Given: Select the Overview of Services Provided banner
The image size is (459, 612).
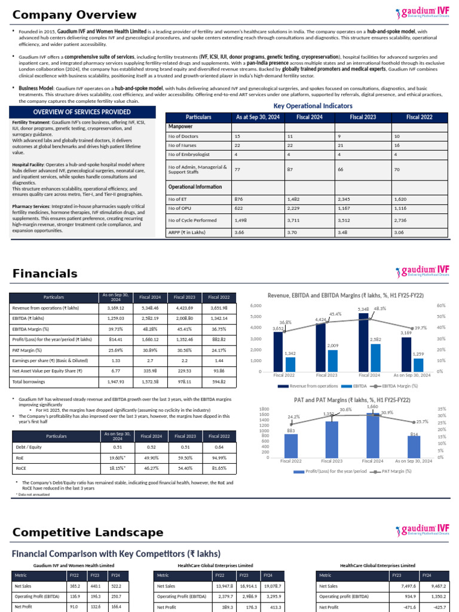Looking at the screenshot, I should point(82,112).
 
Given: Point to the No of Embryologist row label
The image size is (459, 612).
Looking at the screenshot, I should point(189,154).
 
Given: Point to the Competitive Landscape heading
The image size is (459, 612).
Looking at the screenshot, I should point(87,532).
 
